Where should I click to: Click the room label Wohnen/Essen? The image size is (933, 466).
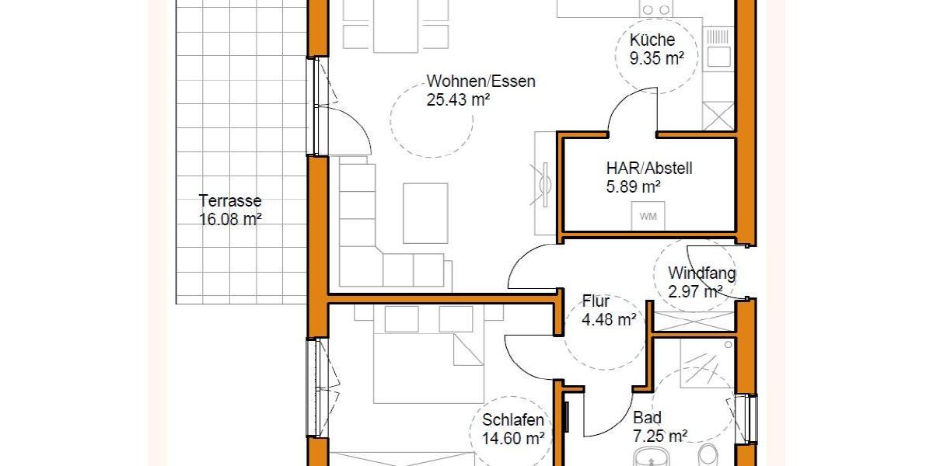point(480,82)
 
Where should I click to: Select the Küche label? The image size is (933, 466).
point(652,40)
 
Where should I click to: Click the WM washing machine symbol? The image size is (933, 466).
point(648,217)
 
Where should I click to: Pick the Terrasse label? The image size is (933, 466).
point(229,200)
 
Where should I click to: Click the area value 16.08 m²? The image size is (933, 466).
point(229,219)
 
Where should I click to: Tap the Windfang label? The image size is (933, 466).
point(701,273)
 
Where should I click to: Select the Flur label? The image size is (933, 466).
point(596,301)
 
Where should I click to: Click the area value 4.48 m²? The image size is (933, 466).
point(610,319)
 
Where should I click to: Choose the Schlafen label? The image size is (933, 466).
point(512,420)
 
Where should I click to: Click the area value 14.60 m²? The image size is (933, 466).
point(513,439)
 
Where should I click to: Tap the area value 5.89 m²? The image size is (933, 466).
point(633,186)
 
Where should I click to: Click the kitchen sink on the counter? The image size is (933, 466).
point(718,57)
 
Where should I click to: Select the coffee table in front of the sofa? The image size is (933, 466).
point(425,212)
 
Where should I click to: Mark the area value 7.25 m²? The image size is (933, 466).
point(659,436)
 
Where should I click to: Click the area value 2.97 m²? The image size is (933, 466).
point(695,292)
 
